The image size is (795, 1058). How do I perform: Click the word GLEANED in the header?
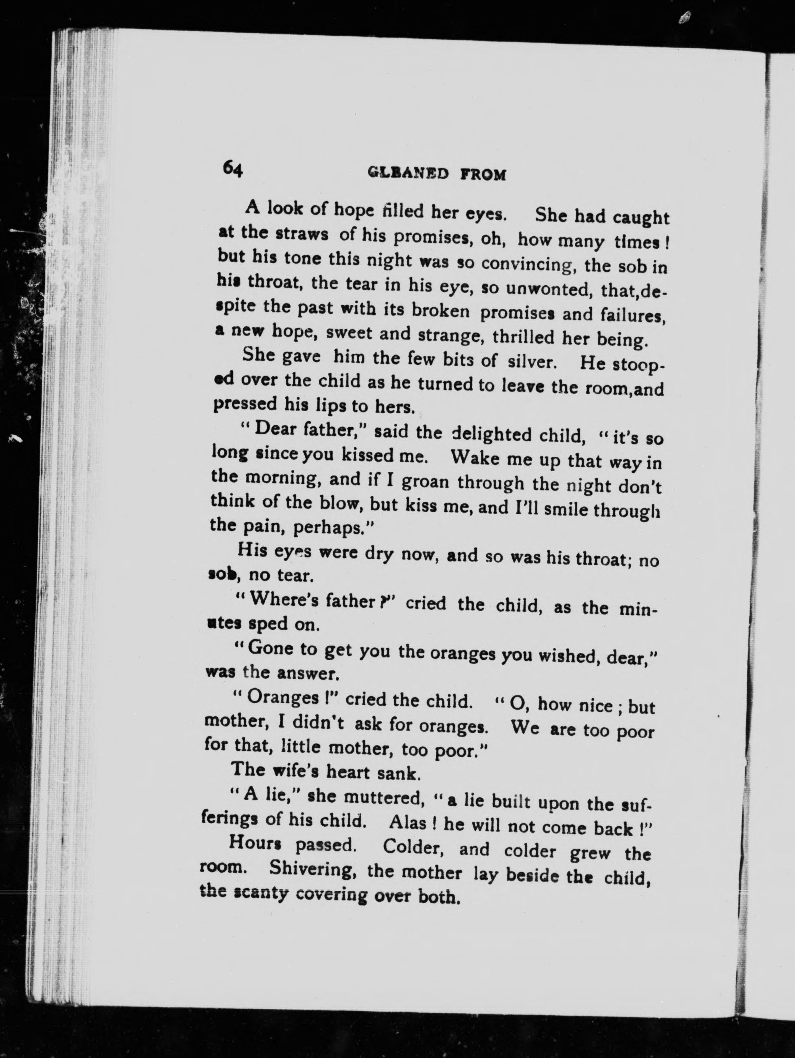(x=408, y=173)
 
